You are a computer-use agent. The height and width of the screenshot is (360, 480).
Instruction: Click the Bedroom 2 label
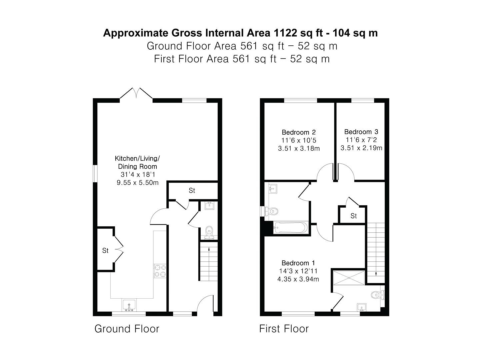299,132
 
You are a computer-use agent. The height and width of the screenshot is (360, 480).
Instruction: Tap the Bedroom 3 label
361,132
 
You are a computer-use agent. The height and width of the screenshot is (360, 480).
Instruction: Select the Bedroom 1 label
298,263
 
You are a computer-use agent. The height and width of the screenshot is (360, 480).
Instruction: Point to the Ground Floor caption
127,329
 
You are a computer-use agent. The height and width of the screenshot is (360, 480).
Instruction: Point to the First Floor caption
284,329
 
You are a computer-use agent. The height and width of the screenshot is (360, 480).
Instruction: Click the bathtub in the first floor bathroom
290,228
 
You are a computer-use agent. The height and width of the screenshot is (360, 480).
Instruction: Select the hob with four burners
160,271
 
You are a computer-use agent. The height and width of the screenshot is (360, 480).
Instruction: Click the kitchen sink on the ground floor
129,305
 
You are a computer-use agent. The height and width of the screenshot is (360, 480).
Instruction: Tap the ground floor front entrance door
205,304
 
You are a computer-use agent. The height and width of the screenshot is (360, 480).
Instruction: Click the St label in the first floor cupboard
353,216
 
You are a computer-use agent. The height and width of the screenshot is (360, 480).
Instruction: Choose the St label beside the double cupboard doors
105,250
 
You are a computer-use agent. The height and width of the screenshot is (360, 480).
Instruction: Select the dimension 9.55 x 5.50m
137,183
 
